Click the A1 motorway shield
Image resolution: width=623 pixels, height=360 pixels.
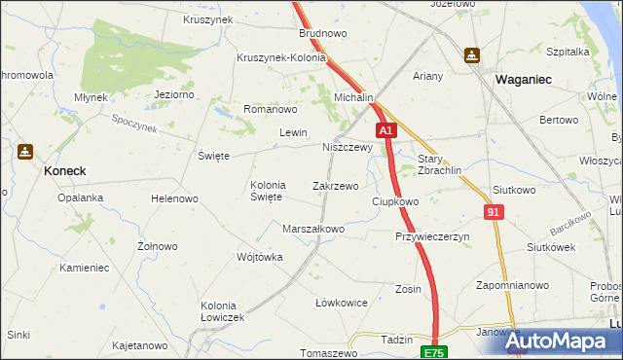[x=385, y=129]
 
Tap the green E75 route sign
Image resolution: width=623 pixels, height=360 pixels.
[x=432, y=350]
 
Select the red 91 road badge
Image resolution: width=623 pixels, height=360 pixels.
[x=495, y=211]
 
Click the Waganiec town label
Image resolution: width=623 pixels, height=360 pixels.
[x=527, y=79]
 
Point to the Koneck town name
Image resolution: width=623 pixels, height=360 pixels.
[x=64, y=170]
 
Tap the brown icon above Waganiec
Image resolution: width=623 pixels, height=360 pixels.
[x=472, y=55]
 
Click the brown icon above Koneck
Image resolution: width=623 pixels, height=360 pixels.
[x=24, y=152]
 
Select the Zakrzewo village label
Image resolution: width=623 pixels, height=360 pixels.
[x=335, y=185]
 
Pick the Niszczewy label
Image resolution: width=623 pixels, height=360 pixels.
[x=348, y=148]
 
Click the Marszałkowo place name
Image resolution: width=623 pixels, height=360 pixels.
[x=313, y=229]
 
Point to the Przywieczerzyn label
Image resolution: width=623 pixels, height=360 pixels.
[x=432, y=236]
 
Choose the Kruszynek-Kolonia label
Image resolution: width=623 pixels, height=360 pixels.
[x=281, y=56]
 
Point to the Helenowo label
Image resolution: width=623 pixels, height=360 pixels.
[x=174, y=198]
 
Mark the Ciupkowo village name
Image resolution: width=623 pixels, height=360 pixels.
[x=395, y=201]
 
